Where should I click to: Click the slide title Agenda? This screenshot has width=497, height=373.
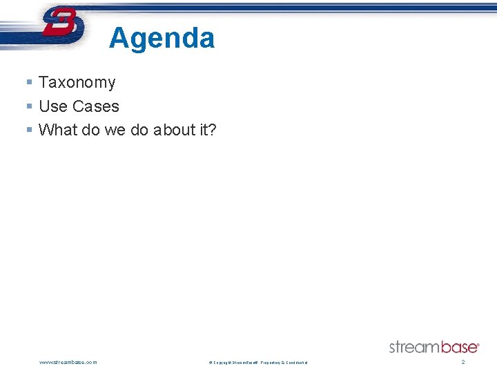[x=162, y=38]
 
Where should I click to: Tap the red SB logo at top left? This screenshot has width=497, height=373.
[x=63, y=25]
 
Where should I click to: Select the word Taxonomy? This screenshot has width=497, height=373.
[x=77, y=83]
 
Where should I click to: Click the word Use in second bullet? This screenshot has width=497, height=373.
[x=52, y=106]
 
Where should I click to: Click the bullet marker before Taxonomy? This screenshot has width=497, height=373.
[x=29, y=83]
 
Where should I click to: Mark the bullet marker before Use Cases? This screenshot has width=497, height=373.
[x=29, y=106]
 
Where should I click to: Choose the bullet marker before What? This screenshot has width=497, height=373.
[x=29, y=130]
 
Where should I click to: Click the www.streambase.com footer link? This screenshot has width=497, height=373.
[x=68, y=362]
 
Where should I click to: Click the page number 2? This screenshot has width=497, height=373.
[x=463, y=362]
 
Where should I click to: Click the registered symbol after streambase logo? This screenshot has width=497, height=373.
[x=478, y=343]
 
